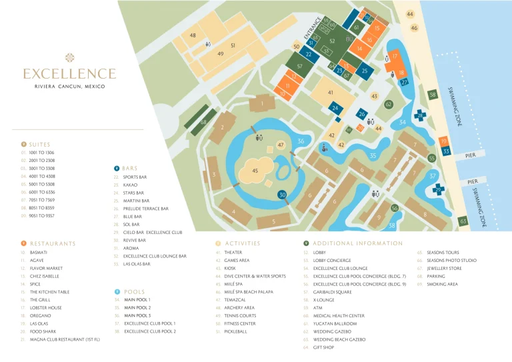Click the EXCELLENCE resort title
[x=69, y=73]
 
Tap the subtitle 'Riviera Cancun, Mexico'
[x=69, y=87]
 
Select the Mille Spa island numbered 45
[x=255, y=171]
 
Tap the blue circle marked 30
[x=283, y=195]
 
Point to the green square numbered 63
[x=463, y=221]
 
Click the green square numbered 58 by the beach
[x=433, y=95]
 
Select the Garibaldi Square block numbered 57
[x=299, y=66]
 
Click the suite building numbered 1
[x=263, y=103]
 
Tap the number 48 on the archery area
[x=193, y=35]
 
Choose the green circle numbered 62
[x=388, y=105]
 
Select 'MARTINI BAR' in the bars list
[x=136, y=201]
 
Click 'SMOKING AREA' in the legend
[x=442, y=284]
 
